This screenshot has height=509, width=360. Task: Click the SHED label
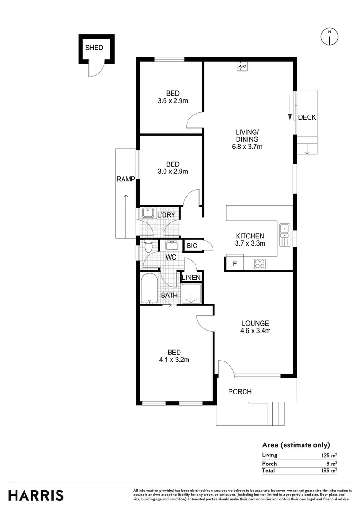click(x=94, y=48)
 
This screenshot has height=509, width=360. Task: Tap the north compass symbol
click(x=330, y=36)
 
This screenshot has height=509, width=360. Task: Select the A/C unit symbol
click(x=242, y=66)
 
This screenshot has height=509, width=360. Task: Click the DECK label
click(x=307, y=117)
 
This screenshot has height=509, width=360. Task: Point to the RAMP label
click(x=126, y=179)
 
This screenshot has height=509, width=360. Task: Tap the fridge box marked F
click(x=234, y=263)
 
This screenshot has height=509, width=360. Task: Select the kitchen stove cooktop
click(x=260, y=263)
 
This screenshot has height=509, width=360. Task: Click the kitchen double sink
click(x=284, y=234)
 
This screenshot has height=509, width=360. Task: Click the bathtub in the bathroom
click(x=150, y=288)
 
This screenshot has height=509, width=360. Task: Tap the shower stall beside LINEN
click(x=191, y=293)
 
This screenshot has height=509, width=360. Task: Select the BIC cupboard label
click(x=192, y=246)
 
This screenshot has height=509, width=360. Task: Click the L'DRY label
click(x=166, y=215)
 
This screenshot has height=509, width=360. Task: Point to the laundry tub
click(x=148, y=213)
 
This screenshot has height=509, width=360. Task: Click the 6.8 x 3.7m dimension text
click(x=247, y=147)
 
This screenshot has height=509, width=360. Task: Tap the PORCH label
click(x=240, y=392)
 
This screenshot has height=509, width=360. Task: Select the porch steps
click(x=277, y=413)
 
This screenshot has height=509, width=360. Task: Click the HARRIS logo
click(x=36, y=495)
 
